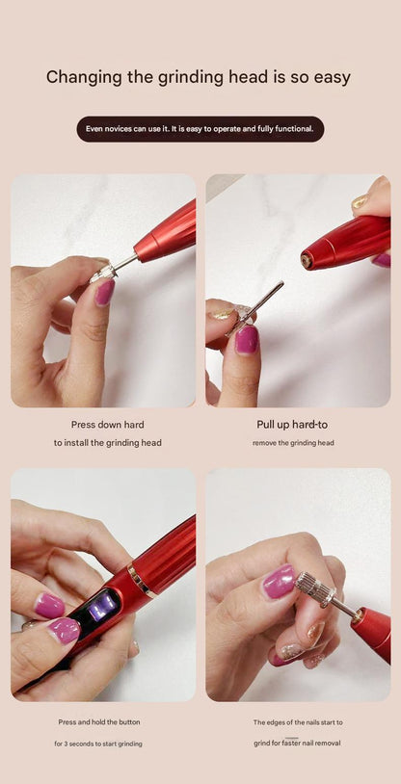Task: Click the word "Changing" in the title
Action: pos(84,77)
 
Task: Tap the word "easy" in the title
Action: pos(327,77)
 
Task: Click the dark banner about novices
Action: pos(200,129)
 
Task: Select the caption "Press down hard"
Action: pos(107,424)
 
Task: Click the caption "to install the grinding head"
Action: pos(107,443)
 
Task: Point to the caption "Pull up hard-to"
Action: pos(292,424)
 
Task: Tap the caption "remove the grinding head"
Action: pos(293,443)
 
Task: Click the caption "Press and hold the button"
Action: pos(98,721)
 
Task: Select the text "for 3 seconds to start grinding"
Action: pos(98,744)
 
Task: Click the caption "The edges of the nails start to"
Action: pos(298,721)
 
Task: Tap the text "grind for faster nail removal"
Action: pos(297,744)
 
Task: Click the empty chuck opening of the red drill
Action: pos(307,260)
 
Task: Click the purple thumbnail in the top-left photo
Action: pos(105,292)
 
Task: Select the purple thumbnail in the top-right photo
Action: pos(247,339)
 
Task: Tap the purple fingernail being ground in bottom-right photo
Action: pos(280,582)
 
